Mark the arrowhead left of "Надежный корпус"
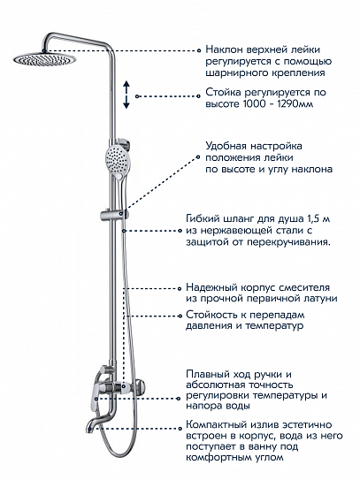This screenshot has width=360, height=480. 179,288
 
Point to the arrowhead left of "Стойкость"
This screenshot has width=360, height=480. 179,314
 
